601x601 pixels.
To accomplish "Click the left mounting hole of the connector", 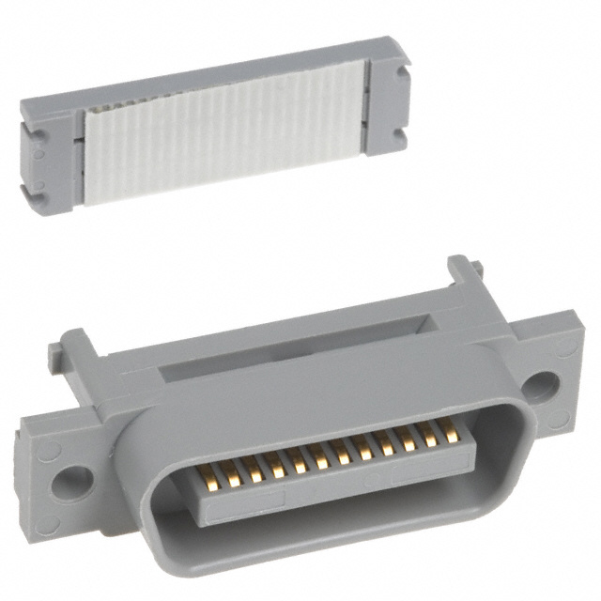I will click(72, 481).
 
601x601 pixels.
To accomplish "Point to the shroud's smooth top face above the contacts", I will click(319, 394).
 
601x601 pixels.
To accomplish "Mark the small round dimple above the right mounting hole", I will click(563, 347).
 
